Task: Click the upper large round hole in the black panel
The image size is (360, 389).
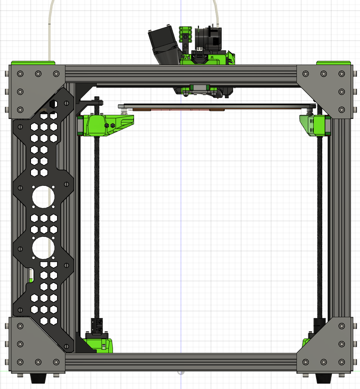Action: pyautogui.click(x=43, y=196)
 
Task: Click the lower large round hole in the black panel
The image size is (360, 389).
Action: pyautogui.click(x=43, y=248)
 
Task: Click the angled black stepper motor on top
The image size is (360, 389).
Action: pyautogui.click(x=164, y=46)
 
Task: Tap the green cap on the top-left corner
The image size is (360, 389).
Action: pyautogui.click(x=33, y=63)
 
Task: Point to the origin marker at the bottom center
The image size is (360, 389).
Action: pyautogui.click(x=181, y=372)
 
